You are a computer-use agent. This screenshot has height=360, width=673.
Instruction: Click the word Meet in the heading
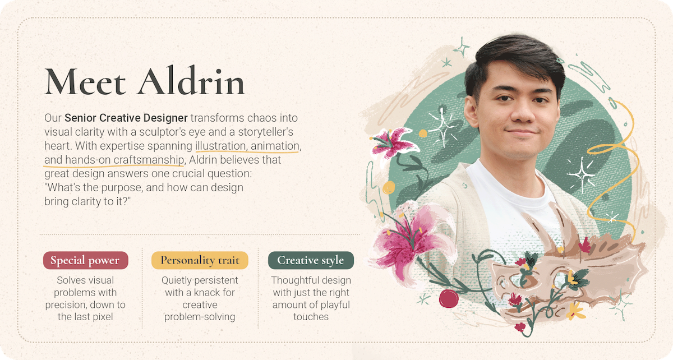85,81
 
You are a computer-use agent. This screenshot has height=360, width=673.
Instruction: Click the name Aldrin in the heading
191,80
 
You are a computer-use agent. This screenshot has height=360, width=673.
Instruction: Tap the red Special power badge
86,260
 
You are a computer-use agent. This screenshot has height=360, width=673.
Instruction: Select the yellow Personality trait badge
200,260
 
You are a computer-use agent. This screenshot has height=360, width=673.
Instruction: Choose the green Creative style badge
311,260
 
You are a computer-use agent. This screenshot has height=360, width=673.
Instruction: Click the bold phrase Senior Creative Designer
126,118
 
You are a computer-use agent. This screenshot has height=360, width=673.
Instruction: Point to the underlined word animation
275,146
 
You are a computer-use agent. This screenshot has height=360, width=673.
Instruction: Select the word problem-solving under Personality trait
200,317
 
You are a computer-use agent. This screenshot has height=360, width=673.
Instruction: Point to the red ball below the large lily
449,298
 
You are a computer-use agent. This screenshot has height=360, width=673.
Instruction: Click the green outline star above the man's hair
462,47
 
